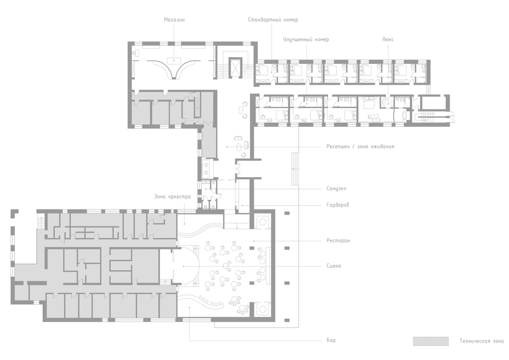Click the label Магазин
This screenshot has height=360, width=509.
[174, 20]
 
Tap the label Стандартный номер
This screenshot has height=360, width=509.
[273, 20]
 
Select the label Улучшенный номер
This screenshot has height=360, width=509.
[306, 40]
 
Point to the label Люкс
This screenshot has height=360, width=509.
[387, 40]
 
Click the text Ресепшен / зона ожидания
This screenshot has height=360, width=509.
[360, 147]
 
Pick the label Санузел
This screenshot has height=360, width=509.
[337, 188]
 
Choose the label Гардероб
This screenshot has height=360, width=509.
[338, 205]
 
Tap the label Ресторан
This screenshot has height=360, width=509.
[338, 241]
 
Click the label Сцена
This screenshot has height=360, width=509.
[334, 266]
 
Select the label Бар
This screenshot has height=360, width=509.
[331, 340]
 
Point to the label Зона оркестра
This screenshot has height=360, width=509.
[172, 196]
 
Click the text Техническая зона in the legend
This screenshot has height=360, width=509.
[481, 341]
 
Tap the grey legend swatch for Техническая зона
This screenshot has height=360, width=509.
[431, 341]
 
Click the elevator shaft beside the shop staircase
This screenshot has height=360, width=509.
[235, 67]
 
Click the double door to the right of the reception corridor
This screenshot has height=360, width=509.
[238, 169]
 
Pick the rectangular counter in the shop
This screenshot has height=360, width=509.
[174, 60]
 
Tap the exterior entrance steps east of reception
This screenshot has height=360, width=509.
[295, 169]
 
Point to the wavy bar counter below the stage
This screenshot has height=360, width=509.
[210, 301]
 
